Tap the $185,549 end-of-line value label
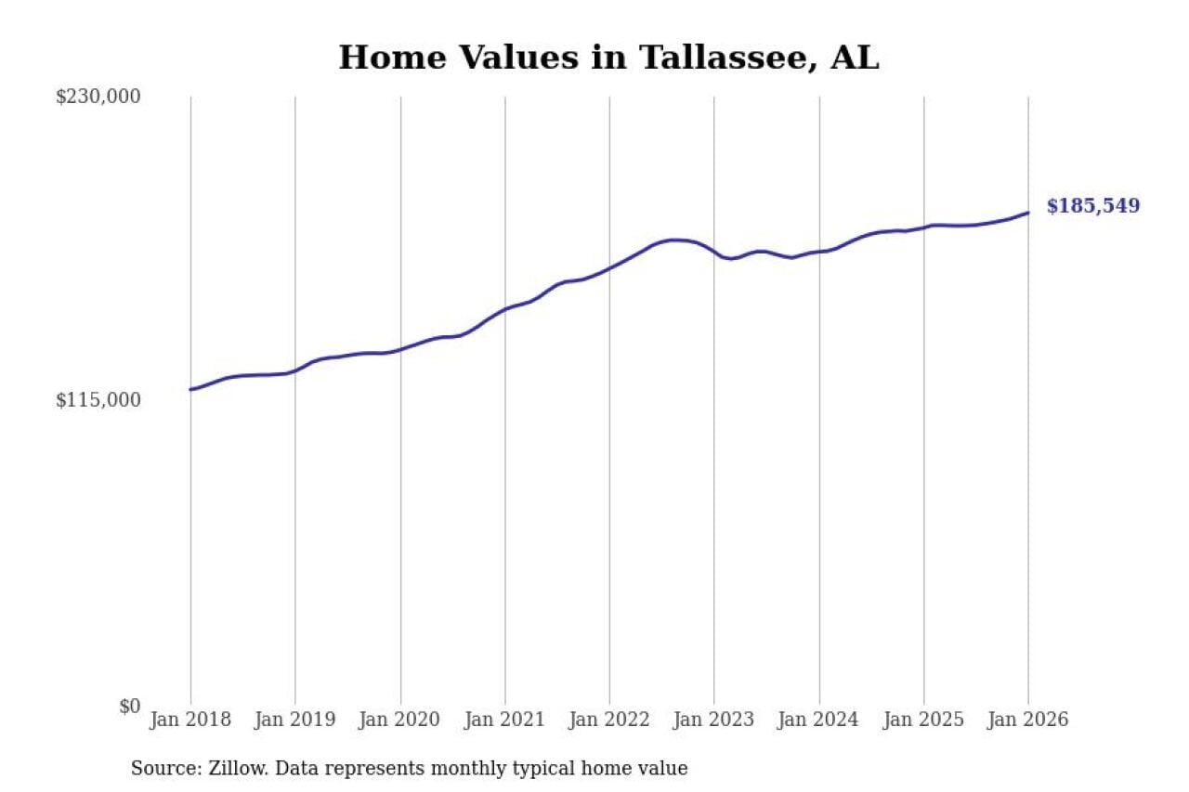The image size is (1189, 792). (x=1092, y=206)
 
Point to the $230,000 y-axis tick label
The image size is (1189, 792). (x=98, y=97)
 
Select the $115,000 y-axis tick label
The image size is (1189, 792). (x=98, y=400)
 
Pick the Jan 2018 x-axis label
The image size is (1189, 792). (x=190, y=721)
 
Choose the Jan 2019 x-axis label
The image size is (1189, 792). (x=295, y=721)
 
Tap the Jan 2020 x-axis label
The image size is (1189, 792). (x=400, y=721)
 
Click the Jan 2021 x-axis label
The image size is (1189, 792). (x=505, y=721)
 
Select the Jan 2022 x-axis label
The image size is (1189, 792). (x=609, y=721)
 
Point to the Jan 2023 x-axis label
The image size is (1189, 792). (x=714, y=721)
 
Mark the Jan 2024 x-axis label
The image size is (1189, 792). (x=819, y=721)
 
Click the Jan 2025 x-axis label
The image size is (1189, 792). (x=924, y=721)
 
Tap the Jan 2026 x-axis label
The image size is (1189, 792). (x=1028, y=721)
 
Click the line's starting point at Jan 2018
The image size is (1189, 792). (x=190, y=389)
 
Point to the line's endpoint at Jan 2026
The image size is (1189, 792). (x=1028, y=213)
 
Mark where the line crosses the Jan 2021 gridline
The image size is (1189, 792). (x=505, y=308)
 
